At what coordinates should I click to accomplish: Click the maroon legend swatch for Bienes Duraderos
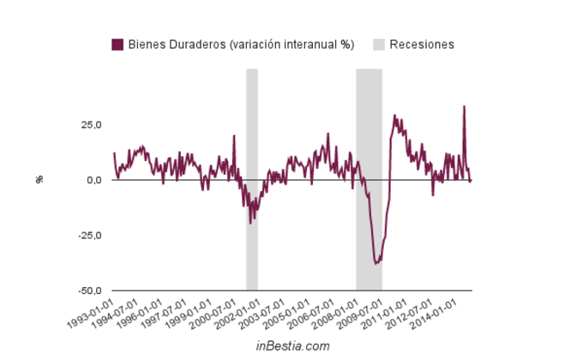point(117,45)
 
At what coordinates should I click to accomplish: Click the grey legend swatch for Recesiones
point(378,45)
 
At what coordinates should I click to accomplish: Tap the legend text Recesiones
point(421,45)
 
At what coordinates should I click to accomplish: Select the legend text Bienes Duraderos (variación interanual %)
point(241,45)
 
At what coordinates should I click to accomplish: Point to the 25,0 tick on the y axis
point(90,124)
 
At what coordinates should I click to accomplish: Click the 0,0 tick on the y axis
point(93,180)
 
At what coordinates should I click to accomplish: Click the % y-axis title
point(39,180)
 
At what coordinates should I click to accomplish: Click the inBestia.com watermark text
point(292,346)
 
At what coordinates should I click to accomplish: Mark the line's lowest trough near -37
point(376,262)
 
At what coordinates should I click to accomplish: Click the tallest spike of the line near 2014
point(464,106)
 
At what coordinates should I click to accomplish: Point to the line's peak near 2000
point(233,135)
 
